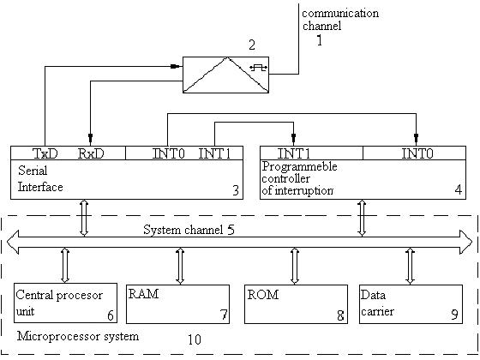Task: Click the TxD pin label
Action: pos(45,153)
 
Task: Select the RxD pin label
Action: pos(91,153)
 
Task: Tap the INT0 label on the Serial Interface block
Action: pos(168,153)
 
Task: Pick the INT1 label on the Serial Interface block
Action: pos(214,153)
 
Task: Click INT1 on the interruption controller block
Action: pos(293,153)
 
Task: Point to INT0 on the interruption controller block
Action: pos(417,153)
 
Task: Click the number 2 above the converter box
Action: pos(252,45)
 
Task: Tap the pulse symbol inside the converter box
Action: pos(259,68)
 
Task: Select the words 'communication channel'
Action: pos(340,19)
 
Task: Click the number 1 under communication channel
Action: pos(319,40)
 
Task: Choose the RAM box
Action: pos(178,304)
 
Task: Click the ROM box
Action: pos(296,304)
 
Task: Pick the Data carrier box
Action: pos(411,304)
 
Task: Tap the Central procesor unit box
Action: pos(65,303)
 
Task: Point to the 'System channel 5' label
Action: pos(189,230)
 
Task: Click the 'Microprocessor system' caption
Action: pos(78,336)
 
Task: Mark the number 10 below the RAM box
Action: pos(194,339)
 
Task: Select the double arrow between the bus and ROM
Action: pos(295,266)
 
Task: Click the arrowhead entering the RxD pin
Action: pos(90,136)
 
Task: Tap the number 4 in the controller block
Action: pos(458,189)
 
